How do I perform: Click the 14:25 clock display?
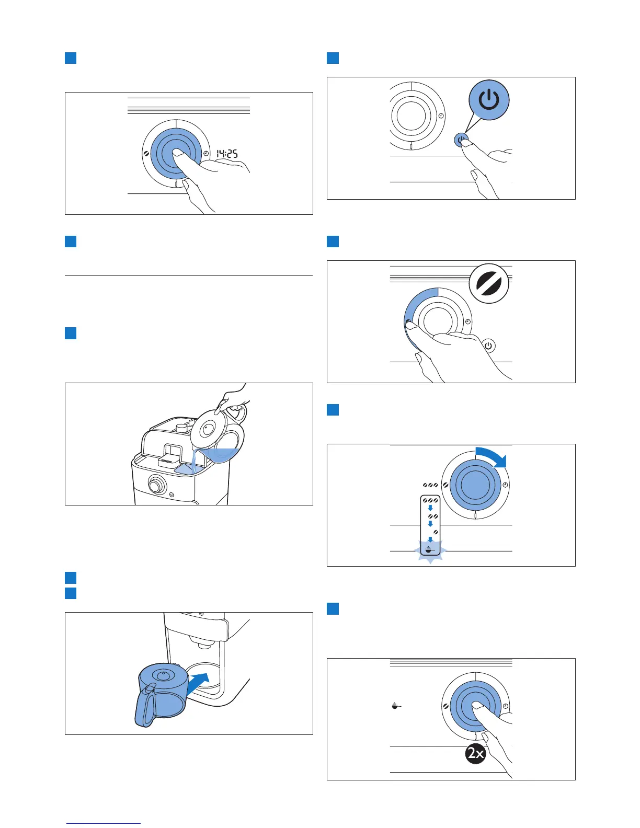[x=227, y=154]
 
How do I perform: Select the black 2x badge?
[x=476, y=753]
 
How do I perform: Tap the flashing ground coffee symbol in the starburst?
[x=429, y=550]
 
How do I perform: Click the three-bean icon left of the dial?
[x=431, y=485]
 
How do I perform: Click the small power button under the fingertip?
[x=461, y=140]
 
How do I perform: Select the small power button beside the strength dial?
[x=488, y=346]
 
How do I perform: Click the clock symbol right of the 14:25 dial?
[x=207, y=154]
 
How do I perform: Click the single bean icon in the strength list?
[x=435, y=532]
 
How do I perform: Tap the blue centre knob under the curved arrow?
[x=475, y=485]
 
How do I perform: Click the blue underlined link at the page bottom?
[x=104, y=823]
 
